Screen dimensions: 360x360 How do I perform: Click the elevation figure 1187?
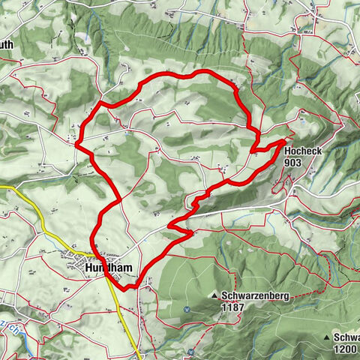click(x=232, y=306)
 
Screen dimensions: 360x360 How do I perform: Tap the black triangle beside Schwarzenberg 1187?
click(x=214, y=295)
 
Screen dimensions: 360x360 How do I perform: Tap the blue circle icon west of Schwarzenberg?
click(x=186, y=308)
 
